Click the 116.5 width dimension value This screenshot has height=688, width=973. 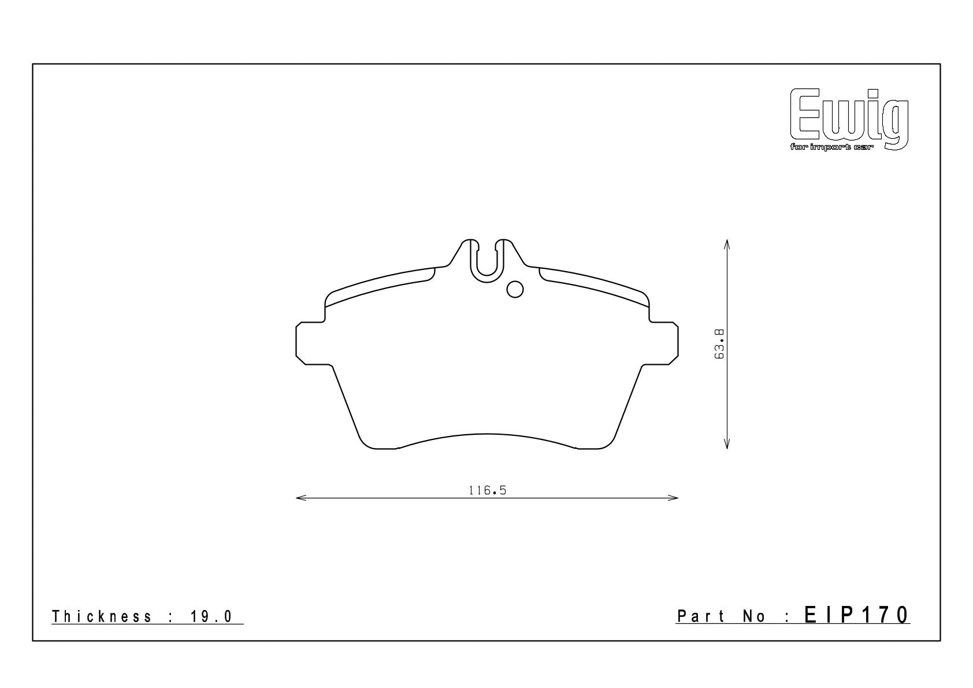(x=488, y=491)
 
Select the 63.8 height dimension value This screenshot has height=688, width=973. (x=719, y=344)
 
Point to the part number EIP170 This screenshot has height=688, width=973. (x=857, y=615)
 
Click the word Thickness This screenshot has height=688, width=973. (x=102, y=616)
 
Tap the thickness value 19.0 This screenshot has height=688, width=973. (x=211, y=616)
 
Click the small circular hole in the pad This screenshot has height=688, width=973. (x=515, y=290)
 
